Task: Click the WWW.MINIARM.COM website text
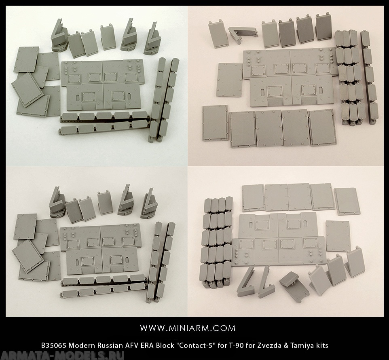pos(188,328)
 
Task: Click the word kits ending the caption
pos(323,345)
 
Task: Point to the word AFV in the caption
pos(135,345)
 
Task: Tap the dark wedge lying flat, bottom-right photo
pos(294,286)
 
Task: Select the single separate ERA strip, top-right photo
pos(370,77)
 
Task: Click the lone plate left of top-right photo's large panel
pos(229,80)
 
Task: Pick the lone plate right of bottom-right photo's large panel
pos(338,236)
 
